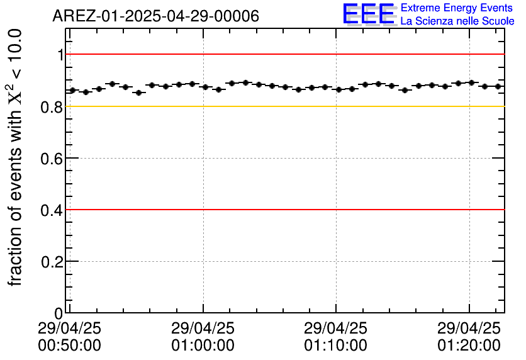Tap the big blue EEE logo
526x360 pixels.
[x=369, y=14]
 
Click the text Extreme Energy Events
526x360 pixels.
[x=457, y=8]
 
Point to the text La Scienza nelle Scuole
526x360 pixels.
[x=457, y=21]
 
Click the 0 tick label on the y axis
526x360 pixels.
[x=59, y=313]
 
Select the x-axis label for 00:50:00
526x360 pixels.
[x=69, y=345]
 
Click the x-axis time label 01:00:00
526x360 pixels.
[x=203, y=345]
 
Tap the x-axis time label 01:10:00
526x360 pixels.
[x=335, y=345]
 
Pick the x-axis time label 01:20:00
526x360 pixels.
[x=469, y=345]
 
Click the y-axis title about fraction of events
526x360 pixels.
[x=18, y=157]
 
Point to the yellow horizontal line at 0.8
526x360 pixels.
[x=283, y=106]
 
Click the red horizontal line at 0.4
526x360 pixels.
[x=283, y=210]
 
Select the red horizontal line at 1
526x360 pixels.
[x=283, y=54]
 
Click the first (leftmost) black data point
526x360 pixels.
[x=72, y=91]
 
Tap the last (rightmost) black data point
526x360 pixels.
[x=498, y=86]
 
